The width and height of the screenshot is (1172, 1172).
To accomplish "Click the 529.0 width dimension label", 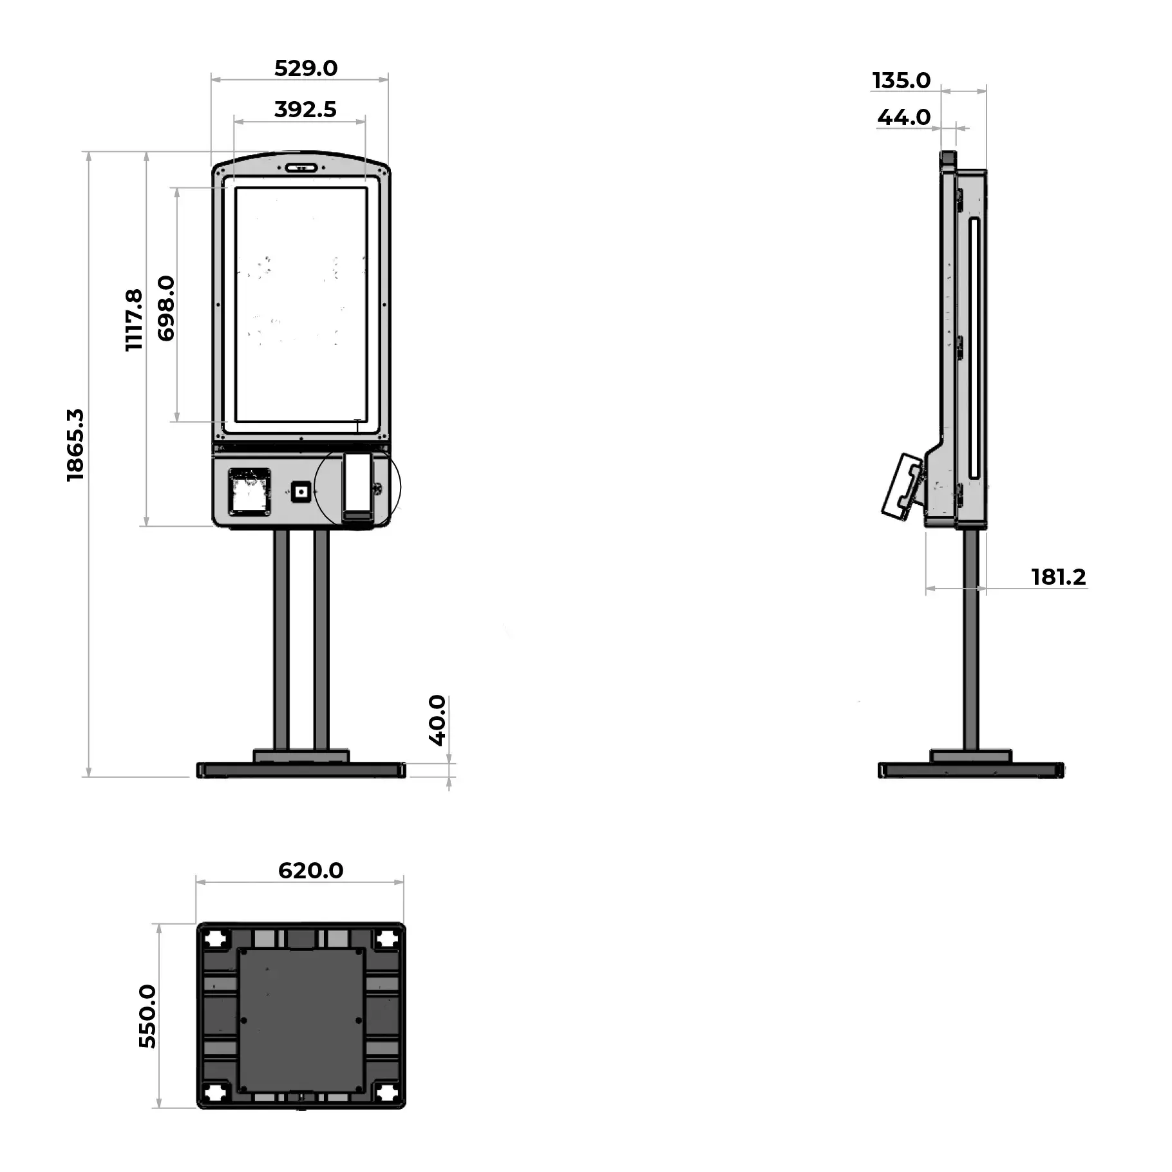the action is click(x=306, y=68).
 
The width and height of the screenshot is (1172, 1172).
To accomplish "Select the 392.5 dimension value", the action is click(x=305, y=109).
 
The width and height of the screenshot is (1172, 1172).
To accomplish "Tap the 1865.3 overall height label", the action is click(x=75, y=445).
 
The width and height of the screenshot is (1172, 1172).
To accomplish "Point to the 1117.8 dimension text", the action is click(x=134, y=320).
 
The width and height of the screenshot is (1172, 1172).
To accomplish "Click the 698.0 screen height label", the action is click(x=166, y=308).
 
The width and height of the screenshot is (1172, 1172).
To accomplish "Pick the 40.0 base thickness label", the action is click(x=437, y=721).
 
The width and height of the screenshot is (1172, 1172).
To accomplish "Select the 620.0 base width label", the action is click(x=311, y=871).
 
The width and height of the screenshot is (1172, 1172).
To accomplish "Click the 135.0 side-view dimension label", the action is click(x=902, y=80).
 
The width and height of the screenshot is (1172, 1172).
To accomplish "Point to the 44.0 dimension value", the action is click(x=904, y=117).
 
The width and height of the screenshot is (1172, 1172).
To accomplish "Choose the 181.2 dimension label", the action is click(x=1059, y=577).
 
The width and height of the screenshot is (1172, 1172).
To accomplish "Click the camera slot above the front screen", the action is click(x=301, y=168).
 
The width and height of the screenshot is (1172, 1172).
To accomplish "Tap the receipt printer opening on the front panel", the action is click(x=249, y=492).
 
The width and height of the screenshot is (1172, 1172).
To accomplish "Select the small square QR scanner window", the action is click(x=301, y=493).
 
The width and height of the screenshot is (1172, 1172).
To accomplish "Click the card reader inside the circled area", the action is click(x=358, y=487).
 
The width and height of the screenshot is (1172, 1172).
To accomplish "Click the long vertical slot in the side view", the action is click(x=974, y=348).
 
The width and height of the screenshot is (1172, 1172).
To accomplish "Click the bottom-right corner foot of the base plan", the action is click(x=387, y=1092).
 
